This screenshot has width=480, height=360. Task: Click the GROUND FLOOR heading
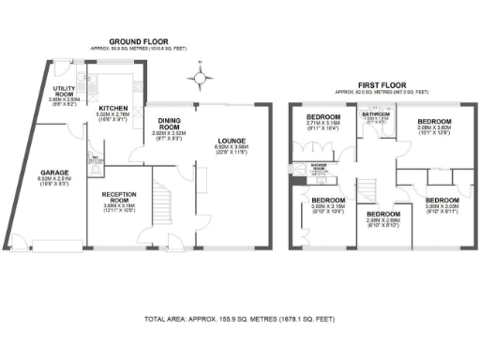(139, 42)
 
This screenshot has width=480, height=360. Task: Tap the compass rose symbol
(200, 71)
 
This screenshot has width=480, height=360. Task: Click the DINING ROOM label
(169, 123)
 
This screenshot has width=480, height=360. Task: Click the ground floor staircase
(164, 208)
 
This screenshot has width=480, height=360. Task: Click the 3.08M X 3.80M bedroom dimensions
(434, 132)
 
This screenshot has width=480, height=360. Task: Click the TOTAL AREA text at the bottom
(239, 320)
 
